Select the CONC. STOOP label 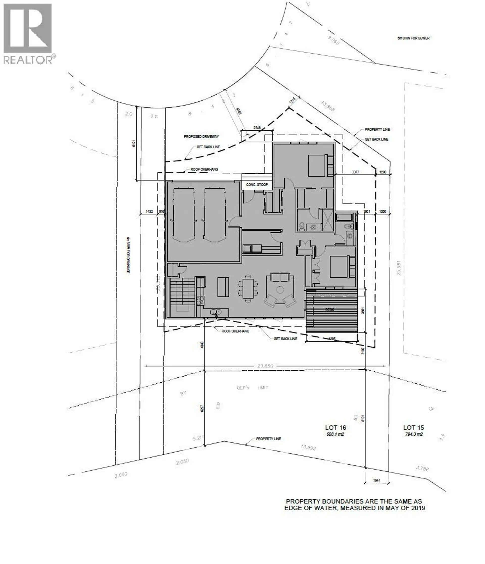(x=257, y=185)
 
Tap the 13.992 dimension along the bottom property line (x=308, y=447)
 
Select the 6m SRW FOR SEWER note (x=413, y=38)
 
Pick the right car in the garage (x=215, y=214)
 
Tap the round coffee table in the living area (x=280, y=290)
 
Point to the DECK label (x=329, y=310)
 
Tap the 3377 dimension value (x=355, y=172)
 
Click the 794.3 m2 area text (x=413, y=434)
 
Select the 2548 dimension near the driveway (x=257, y=128)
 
